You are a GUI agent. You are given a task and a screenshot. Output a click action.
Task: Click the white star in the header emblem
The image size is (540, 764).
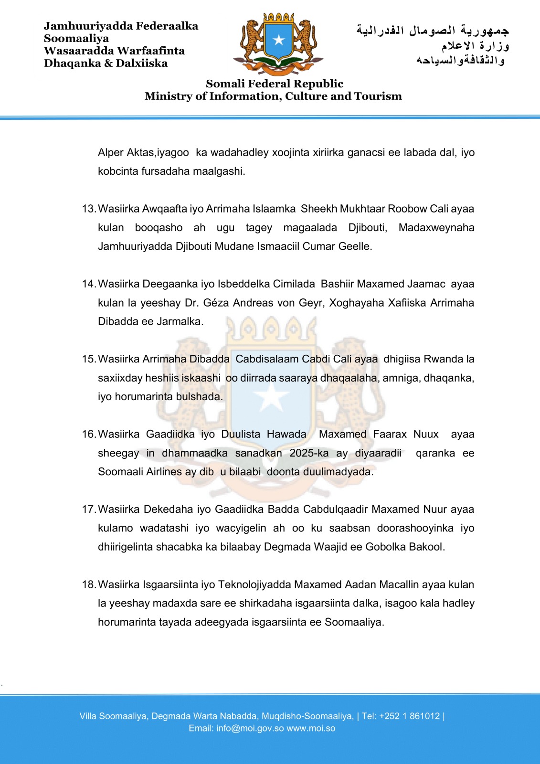[278, 40]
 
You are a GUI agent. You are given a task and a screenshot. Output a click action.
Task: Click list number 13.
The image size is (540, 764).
[89, 209]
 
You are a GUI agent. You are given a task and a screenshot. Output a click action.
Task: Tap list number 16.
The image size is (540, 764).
[89, 434]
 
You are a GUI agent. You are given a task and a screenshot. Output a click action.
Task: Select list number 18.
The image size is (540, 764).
[89, 584]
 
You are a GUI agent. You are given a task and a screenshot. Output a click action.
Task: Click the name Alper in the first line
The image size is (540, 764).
[111, 152]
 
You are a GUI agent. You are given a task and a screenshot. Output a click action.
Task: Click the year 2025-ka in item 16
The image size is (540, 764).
[309, 453]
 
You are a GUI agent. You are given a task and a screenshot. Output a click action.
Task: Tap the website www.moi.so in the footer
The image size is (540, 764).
[311, 728]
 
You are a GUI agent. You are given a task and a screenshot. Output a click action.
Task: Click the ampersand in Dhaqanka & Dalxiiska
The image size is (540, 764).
[108, 63]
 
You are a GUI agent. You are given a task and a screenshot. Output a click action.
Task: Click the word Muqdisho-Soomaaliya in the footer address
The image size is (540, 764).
[306, 716]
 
